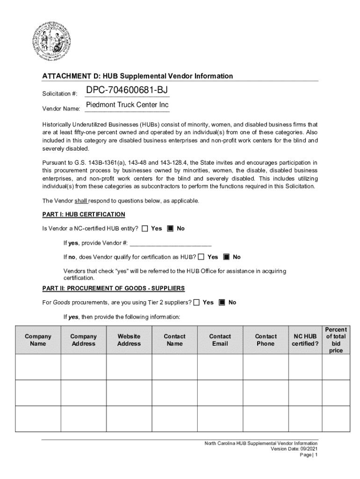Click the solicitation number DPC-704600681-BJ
[x=127, y=90]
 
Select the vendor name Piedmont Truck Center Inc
[x=127, y=105]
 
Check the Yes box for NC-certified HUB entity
[x=144, y=228]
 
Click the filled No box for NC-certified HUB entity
[x=170, y=228]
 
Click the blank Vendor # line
[x=170, y=243]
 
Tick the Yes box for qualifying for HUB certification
[x=201, y=257]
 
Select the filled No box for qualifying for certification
[x=227, y=257]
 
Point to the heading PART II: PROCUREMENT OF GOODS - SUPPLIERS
[x=113, y=288]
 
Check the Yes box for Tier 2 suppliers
[x=196, y=302]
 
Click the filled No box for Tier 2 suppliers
[x=222, y=302]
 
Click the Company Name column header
[x=38, y=340]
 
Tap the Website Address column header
[x=129, y=340]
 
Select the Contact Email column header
[x=220, y=340]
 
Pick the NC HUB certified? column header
[x=305, y=340]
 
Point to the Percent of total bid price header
[x=336, y=340]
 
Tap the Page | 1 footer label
[x=309, y=455]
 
